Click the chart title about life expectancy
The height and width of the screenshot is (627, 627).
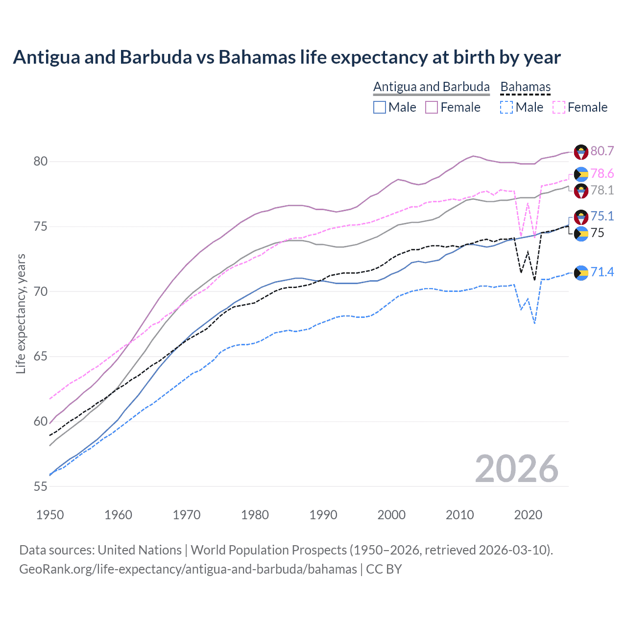287,57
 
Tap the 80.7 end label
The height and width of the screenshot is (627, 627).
602,151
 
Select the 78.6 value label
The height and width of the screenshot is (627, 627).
602,174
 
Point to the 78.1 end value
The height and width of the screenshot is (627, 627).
602,190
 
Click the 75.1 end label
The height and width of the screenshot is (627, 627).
602,217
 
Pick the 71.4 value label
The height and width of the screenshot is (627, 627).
602,272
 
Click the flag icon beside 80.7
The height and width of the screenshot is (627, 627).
581,152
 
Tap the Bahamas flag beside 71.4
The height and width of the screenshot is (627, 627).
581,273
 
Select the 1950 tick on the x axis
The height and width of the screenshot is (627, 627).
50,515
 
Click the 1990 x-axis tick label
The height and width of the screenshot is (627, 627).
323,515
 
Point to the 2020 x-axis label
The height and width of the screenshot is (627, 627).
528,515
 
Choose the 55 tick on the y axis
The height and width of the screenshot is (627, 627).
41,487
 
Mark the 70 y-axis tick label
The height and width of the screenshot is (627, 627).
41,292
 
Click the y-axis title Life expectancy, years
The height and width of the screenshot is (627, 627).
21,313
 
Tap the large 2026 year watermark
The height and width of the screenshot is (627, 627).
516,469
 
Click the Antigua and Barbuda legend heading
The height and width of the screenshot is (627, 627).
431,87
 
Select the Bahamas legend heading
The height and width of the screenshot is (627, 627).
525,87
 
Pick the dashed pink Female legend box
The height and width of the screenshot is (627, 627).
558,107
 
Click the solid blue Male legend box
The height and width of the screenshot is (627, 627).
380,107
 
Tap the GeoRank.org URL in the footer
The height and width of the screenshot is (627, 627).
188,569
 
